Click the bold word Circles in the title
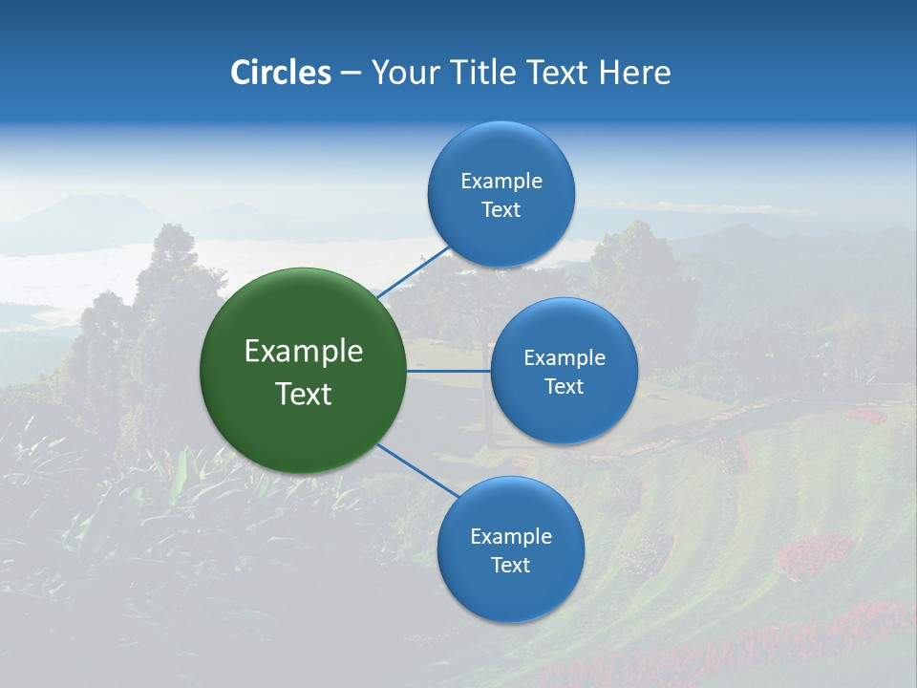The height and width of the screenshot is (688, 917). click(x=280, y=73)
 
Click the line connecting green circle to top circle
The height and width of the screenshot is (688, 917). click(x=413, y=272)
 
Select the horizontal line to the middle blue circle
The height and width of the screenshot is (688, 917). click(x=449, y=371)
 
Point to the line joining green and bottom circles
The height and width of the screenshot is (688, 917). click(x=418, y=470)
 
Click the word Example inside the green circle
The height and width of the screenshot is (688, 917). click(x=304, y=352)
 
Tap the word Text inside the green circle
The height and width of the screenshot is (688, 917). click(x=304, y=394)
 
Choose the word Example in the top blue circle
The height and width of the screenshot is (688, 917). click(x=501, y=182)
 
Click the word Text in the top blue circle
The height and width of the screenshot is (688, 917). click(x=501, y=210)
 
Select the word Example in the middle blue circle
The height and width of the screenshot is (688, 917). click(x=565, y=358)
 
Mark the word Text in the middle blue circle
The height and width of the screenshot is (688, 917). click(x=564, y=386)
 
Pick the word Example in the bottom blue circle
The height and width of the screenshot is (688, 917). click(x=511, y=537)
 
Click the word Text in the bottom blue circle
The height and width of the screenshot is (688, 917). click(x=510, y=566)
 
